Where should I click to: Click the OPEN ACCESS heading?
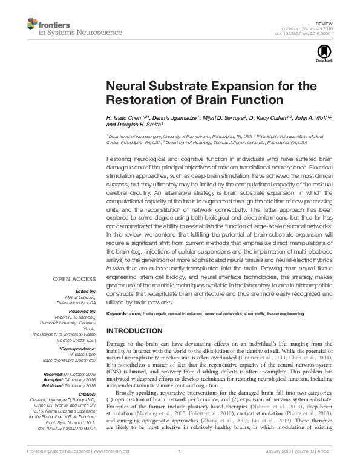click(x=74, y=279)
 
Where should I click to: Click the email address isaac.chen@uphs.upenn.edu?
click(x=69, y=359)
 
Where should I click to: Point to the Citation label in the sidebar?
click(x=86, y=395)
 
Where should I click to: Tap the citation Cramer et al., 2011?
click(x=250, y=358)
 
